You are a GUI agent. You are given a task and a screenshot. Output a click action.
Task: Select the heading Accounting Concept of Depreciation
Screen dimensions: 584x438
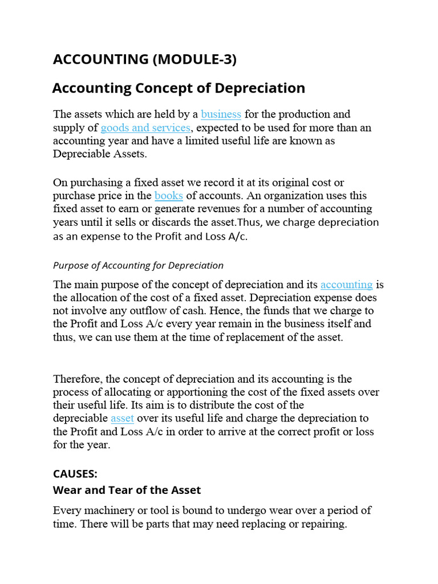tap(179, 88)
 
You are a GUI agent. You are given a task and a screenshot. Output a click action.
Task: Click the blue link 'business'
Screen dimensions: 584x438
tap(221, 115)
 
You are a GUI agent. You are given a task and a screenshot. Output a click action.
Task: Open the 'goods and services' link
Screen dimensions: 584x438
tap(145, 127)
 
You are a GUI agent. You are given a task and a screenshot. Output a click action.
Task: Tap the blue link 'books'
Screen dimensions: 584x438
tap(169, 196)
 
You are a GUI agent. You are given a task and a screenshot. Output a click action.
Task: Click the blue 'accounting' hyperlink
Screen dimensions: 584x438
tap(347, 285)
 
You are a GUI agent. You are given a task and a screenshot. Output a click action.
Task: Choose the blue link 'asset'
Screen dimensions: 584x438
tap(122, 419)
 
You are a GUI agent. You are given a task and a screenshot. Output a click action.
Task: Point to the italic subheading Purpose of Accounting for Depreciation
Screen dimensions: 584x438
tap(138, 265)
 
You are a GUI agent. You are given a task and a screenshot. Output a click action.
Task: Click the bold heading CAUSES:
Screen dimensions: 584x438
tap(75, 474)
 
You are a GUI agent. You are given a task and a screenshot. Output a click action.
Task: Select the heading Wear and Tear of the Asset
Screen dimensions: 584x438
tap(127, 490)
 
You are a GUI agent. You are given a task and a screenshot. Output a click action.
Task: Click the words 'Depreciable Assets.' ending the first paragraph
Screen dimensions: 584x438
tap(100, 153)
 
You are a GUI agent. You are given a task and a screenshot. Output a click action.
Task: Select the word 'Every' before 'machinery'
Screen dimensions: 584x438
tap(67, 510)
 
